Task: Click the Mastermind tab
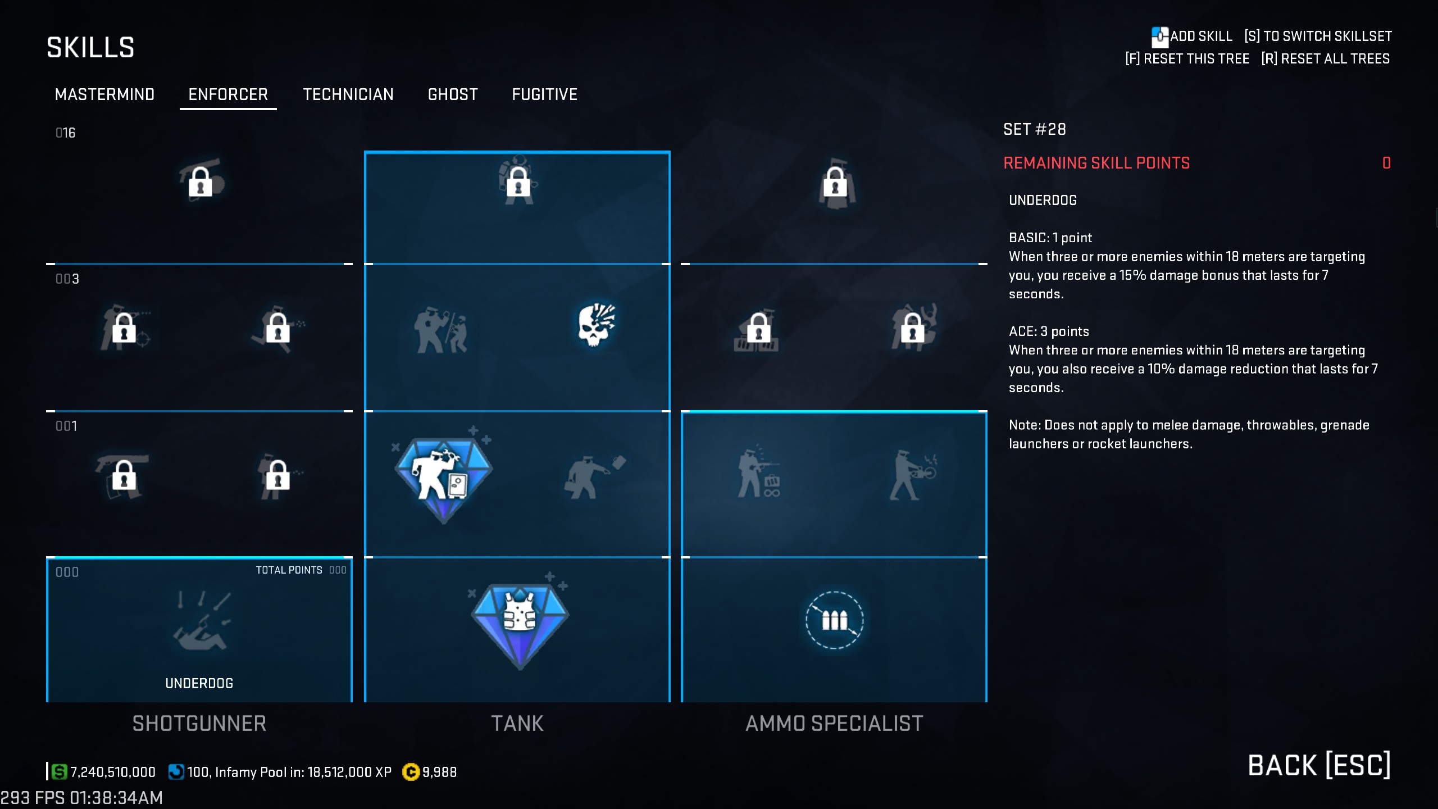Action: click(104, 94)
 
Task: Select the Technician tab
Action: click(348, 94)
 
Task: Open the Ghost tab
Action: click(453, 94)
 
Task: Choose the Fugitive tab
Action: click(544, 94)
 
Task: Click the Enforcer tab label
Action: click(228, 94)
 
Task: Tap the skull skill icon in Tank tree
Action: click(596, 325)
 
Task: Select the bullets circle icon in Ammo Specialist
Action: click(834, 620)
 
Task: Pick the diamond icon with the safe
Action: click(444, 478)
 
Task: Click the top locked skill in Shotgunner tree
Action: click(201, 181)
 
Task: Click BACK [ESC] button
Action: click(1319, 765)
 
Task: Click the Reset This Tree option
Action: click(1187, 59)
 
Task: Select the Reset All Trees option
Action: click(1325, 59)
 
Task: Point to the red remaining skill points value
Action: click(1386, 163)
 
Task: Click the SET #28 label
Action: click(1035, 130)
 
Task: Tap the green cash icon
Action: click(59, 772)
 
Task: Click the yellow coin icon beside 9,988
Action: click(411, 772)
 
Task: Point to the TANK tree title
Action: click(517, 724)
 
